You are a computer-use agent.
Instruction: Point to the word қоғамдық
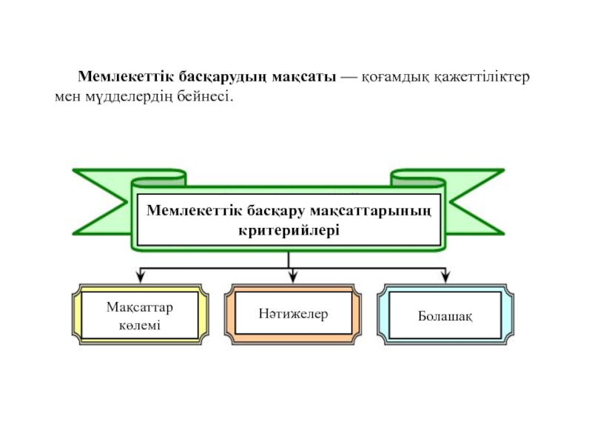pyautogui.click(x=394, y=77)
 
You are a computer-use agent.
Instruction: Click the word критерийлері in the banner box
pyautogui.click(x=289, y=230)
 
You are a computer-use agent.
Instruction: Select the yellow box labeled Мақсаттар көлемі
pyautogui.click(x=140, y=315)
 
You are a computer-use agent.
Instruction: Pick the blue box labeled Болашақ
pyautogui.click(x=445, y=315)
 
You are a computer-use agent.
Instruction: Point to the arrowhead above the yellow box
pyautogui.click(x=140, y=277)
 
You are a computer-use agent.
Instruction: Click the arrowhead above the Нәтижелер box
pyautogui.click(x=292, y=277)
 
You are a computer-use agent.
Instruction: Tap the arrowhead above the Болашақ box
pyautogui.click(x=445, y=277)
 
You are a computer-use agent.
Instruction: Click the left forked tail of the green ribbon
pyautogui.click(x=96, y=196)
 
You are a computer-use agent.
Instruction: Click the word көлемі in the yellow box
pyautogui.click(x=140, y=326)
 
